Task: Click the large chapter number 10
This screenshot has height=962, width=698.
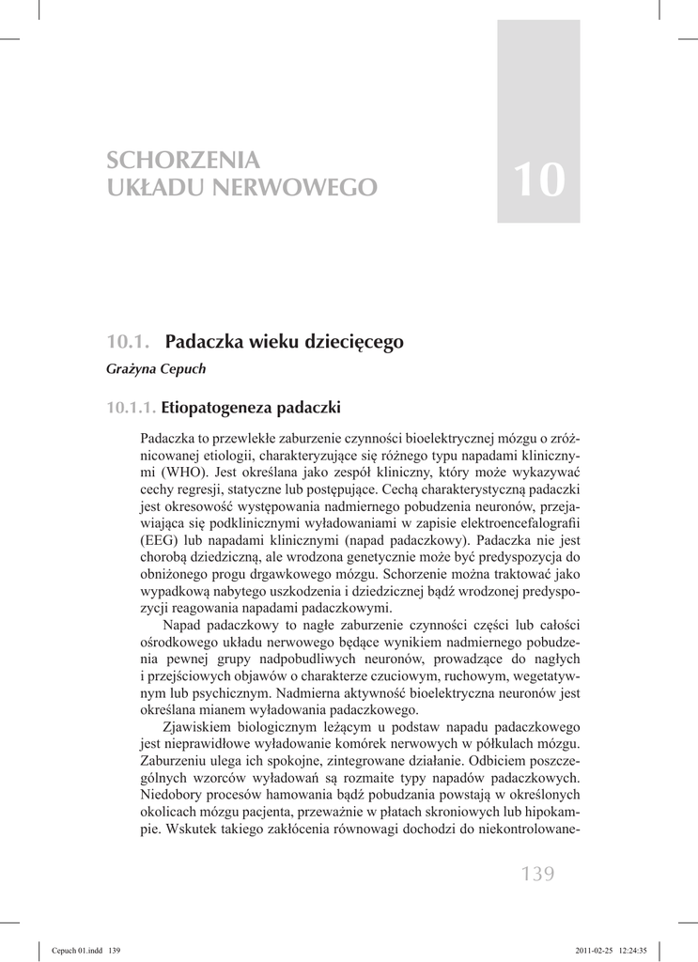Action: click(x=539, y=179)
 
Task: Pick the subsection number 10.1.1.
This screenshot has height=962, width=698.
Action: click(x=131, y=408)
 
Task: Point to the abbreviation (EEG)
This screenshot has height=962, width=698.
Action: click(x=163, y=540)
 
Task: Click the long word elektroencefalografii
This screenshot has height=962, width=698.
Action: click(x=518, y=523)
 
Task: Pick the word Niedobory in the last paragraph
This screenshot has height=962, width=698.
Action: click(x=171, y=794)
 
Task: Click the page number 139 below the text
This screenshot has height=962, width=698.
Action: click(x=537, y=876)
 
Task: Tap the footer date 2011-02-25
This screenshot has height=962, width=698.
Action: click(x=589, y=951)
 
